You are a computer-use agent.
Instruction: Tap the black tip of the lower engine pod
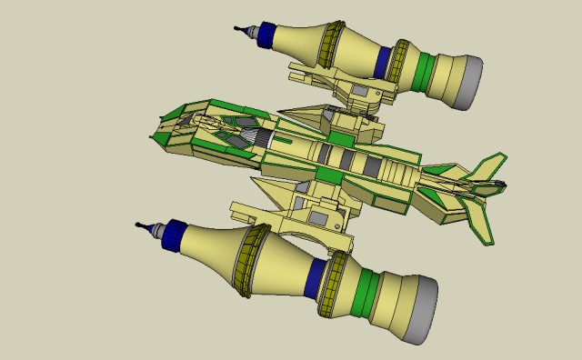pyautogui.click(x=142, y=225)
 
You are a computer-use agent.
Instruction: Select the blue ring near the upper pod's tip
pyautogui.click(x=266, y=35)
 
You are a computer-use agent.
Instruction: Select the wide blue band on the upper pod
pyautogui.click(x=384, y=61)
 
